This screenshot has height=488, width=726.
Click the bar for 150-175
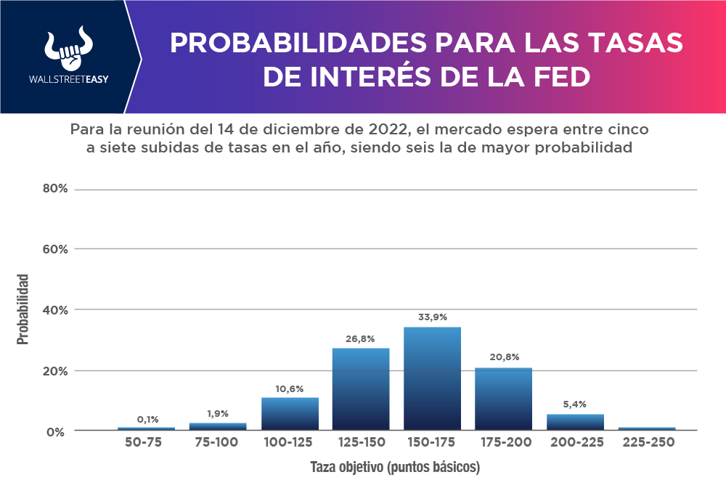pyautogui.click(x=432, y=378)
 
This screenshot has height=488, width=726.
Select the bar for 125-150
pyautogui.click(x=361, y=389)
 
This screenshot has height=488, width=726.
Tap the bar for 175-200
pyautogui.click(x=503, y=399)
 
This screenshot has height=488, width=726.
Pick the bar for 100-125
pyautogui.click(x=290, y=413)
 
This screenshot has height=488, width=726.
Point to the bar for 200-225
pyautogui.click(x=575, y=422)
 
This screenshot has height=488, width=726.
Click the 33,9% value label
pyautogui.click(x=432, y=317)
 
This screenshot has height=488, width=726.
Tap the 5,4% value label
pyautogui.click(x=575, y=404)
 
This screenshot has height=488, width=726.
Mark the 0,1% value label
pyautogui.click(x=147, y=419)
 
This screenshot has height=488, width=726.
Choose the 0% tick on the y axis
pyautogui.click(x=58, y=431)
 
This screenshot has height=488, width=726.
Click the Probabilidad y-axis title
pyautogui.click(x=24, y=309)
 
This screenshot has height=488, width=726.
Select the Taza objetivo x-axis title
pyautogui.click(x=395, y=467)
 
